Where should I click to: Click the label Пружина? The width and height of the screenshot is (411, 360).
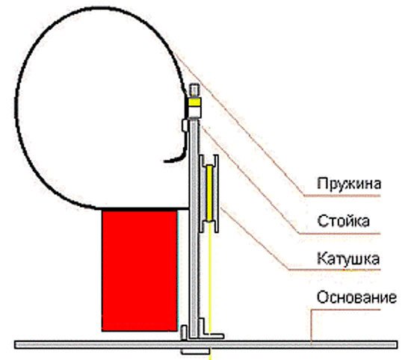click(x=349, y=184)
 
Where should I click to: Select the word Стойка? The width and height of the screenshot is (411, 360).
click(x=344, y=221)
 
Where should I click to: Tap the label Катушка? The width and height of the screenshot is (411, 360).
click(x=348, y=259)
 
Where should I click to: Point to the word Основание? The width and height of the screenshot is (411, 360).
click(x=356, y=297)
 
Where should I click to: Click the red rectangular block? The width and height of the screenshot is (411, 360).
click(x=140, y=271)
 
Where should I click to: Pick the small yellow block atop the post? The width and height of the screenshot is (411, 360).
click(x=195, y=102)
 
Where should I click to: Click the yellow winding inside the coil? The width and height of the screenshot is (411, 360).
click(x=209, y=193)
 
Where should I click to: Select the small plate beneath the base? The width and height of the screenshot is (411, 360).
click(x=195, y=351)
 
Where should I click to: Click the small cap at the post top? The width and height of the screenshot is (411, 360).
click(x=195, y=90)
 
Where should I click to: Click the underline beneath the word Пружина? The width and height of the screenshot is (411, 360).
click(x=342, y=196)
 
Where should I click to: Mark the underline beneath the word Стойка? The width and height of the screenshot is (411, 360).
click(x=339, y=234)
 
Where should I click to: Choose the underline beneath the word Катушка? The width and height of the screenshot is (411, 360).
click(x=334, y=270)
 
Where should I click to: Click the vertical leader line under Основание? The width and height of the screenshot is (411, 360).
click(x=311, y=326)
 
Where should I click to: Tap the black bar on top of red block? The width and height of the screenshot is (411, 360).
click(x=143, y=209)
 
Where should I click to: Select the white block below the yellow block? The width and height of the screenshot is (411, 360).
click(x=195, y=111)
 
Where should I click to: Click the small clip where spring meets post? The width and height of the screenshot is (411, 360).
click(x=185, y=125)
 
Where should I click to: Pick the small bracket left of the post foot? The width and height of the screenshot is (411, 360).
click(x=184, y=333)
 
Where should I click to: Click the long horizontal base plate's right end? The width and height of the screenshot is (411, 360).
click(x=396, y=345)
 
